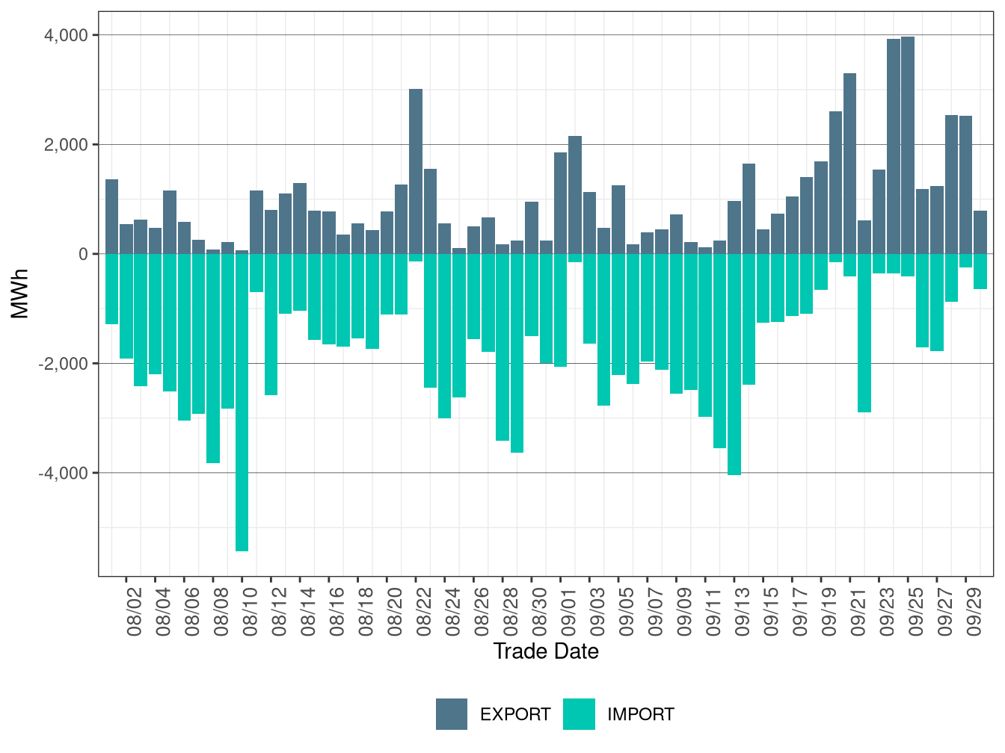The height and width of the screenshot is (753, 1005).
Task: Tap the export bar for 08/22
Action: click(x=416, y=171)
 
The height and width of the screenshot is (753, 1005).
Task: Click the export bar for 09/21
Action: click(x=850, y=164)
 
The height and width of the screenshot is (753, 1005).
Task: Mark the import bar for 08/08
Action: click(x=213, y=358)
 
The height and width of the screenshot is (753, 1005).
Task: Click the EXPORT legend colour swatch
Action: click(x=452, y=714)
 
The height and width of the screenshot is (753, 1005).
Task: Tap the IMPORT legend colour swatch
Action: click(x=579, y=714)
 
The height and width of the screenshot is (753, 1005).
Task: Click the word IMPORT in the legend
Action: click(x=640, y=715)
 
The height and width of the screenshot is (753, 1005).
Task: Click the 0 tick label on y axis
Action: click(x=83, y=254)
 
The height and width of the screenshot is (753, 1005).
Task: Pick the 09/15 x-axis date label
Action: click(x=772, y=612)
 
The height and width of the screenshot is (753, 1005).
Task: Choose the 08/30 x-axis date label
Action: click(x=540, y=612)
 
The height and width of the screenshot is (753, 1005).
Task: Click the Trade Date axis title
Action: click(x=546, y=651)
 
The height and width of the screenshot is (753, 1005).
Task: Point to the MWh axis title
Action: click(x=20, y=294)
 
